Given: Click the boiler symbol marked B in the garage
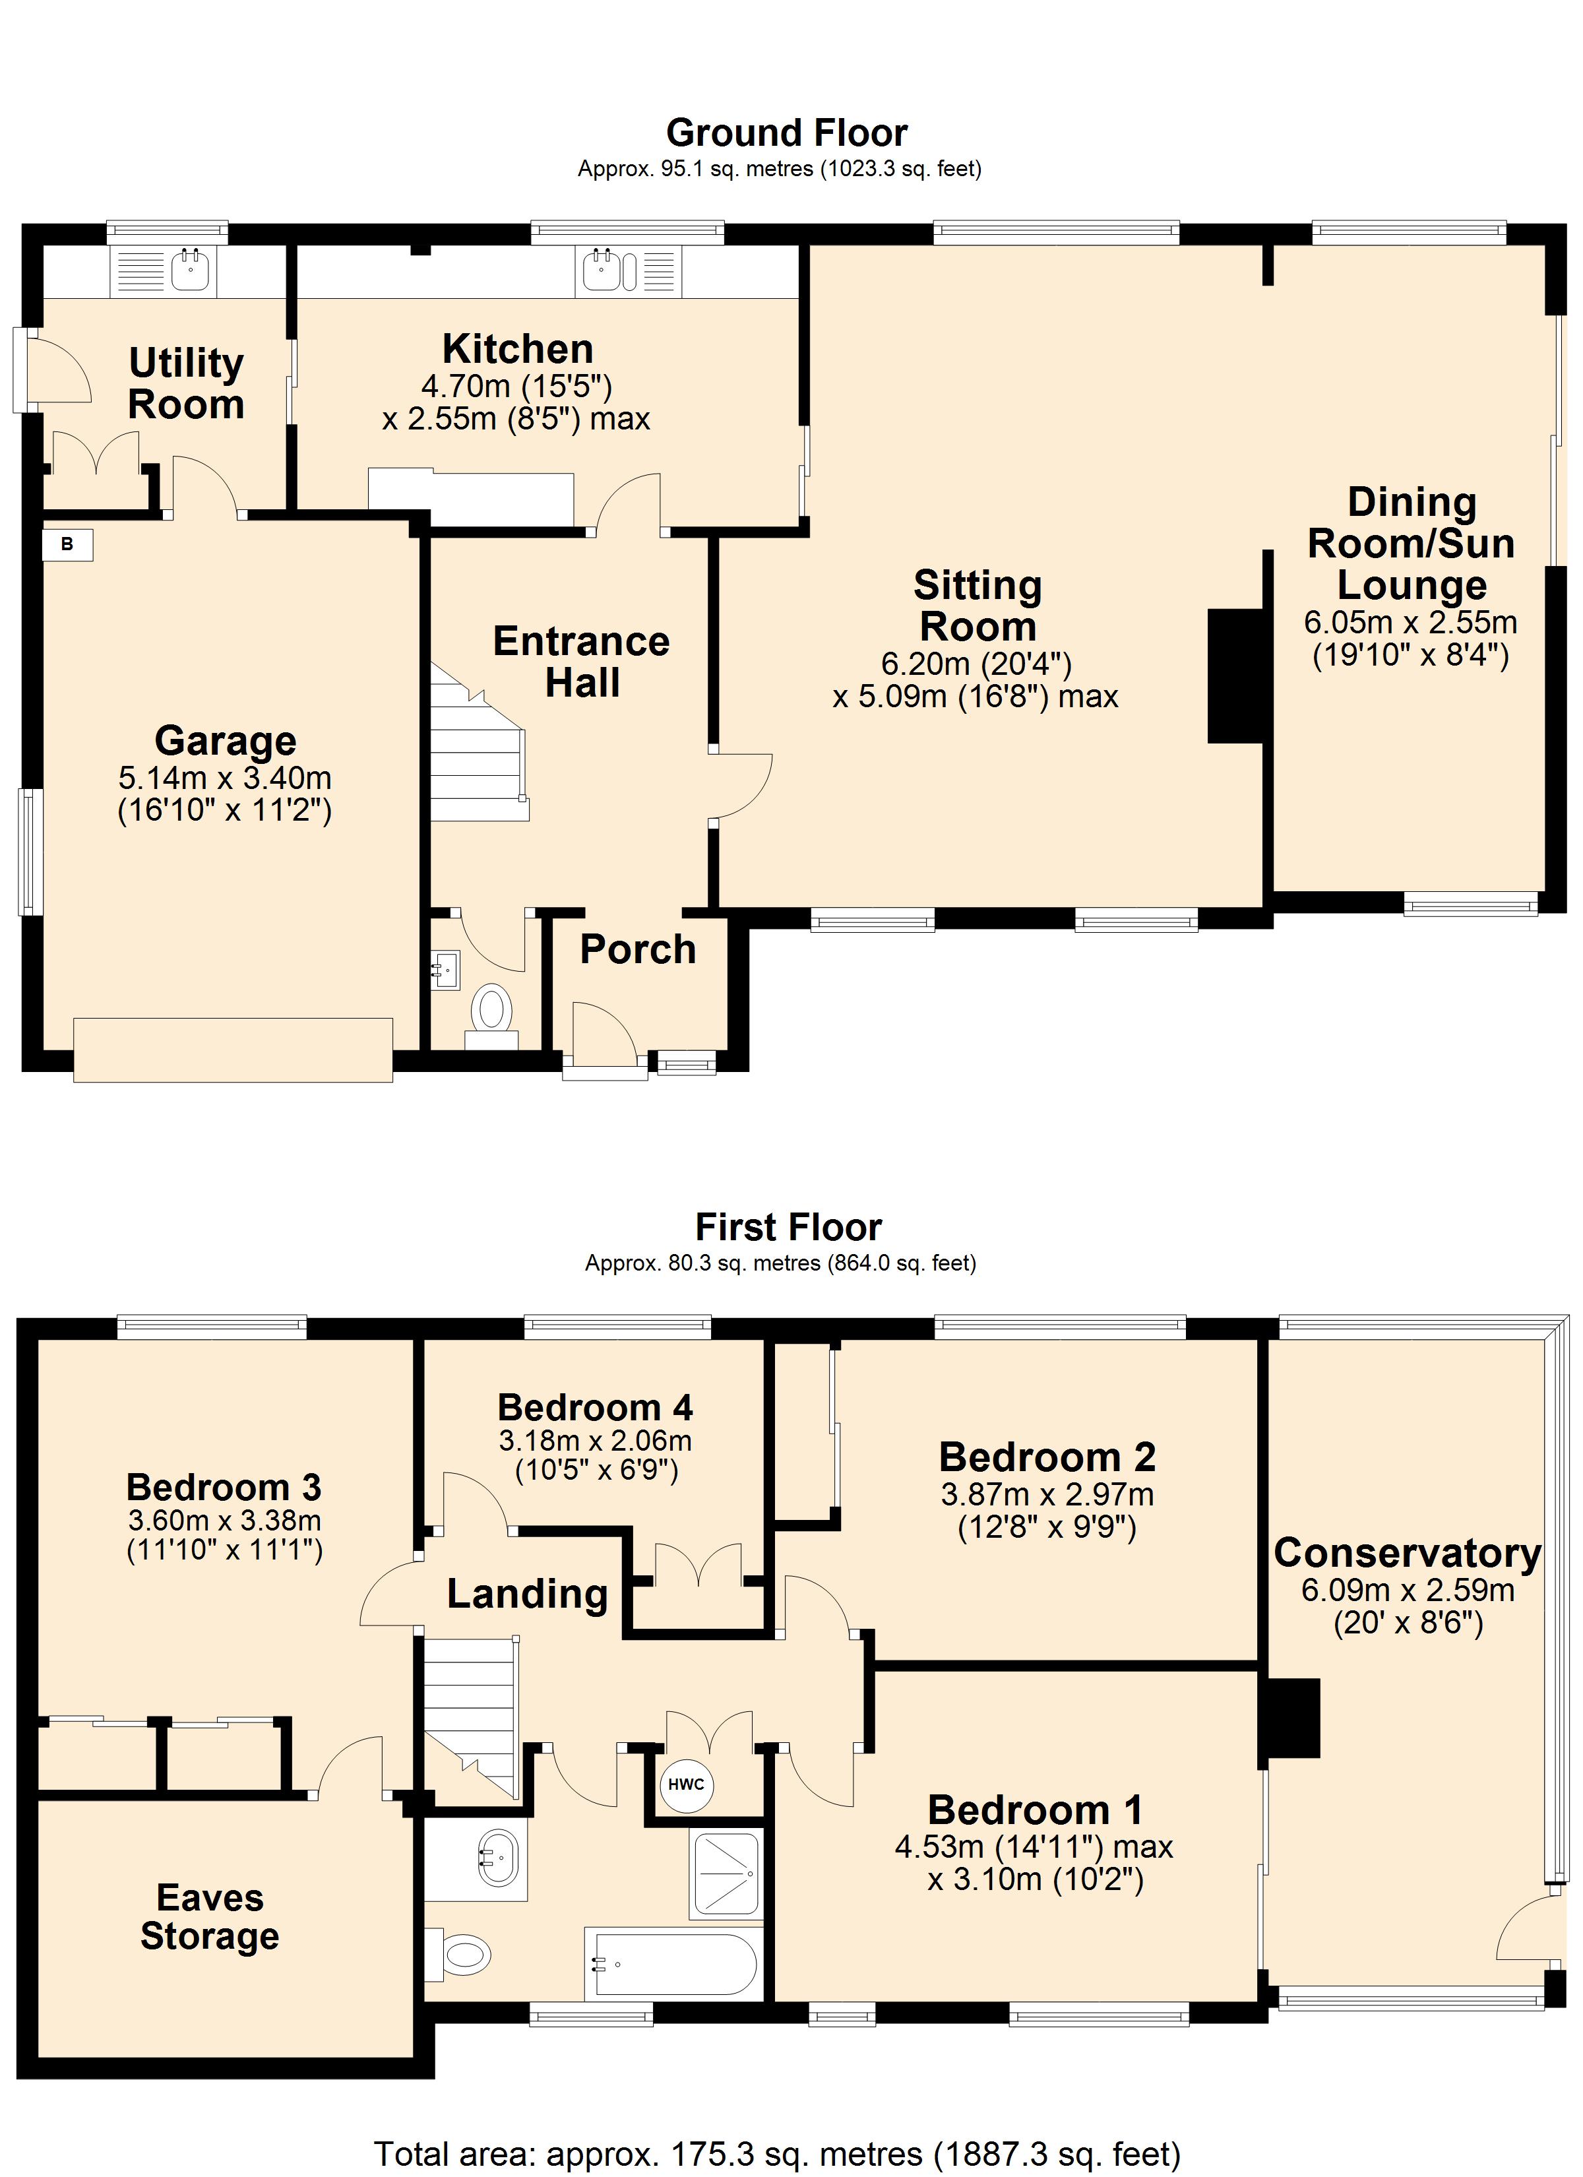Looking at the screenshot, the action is pyautogui.click(x=67, y=544).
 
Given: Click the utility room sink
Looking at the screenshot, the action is pyautogui.click(x=165, y=270).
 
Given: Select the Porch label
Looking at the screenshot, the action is pyautogui.click(x=637, y=949).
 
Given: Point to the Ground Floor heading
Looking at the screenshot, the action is pyautogui.click(x=786, y=133).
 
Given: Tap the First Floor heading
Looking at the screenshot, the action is pyautogui.click(x=788, y=1227).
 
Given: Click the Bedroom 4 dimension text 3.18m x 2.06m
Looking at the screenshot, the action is pyautogui.click(x=595, y=1440).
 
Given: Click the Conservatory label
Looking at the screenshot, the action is pyautogui.click(x=1408, y=1553).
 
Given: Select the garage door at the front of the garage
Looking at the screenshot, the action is pyautogui.click(x=233, y=1050).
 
